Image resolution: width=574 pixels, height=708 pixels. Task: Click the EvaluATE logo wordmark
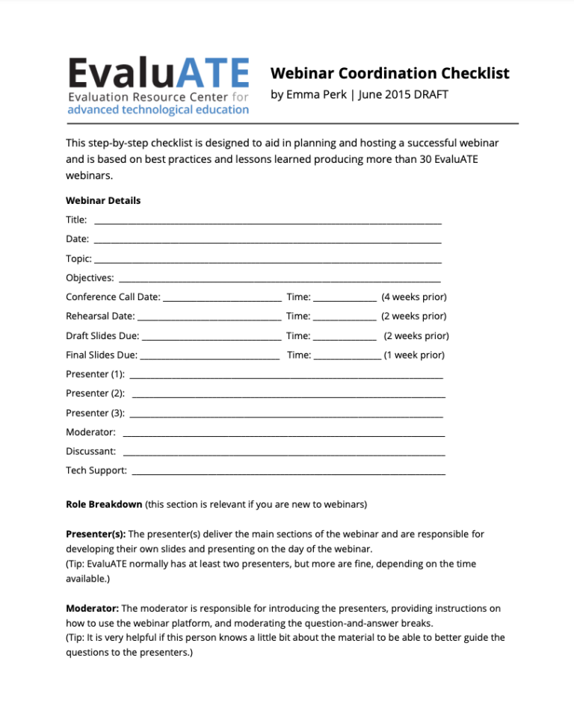[158, 74]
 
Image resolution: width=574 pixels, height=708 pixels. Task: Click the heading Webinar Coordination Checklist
[389, 73]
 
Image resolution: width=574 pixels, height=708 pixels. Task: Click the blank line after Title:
[268, 223]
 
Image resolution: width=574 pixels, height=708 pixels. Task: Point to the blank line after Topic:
[268, 261]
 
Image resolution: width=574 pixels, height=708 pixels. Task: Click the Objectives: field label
[90, 278]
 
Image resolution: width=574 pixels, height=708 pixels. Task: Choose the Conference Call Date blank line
[222, 299]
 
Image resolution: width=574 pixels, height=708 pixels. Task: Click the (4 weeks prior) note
[414, 296]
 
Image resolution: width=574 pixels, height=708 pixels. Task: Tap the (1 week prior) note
[414, 355]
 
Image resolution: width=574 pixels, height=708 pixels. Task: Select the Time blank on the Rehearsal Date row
[345, 319]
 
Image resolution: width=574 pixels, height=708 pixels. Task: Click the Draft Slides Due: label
[102, 335]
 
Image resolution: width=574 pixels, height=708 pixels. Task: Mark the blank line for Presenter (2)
[288, 396]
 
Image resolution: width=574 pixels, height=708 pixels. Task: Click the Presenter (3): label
[95, 413]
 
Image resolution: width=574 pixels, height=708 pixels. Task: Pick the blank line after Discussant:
[283, 454]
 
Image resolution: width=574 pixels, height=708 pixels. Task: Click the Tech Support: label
[96, 471]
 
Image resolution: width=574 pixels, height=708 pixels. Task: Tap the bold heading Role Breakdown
[104, 504]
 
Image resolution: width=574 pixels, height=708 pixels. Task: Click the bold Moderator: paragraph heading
[92, 609]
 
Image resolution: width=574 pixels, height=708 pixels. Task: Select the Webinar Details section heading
[103, 201]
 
